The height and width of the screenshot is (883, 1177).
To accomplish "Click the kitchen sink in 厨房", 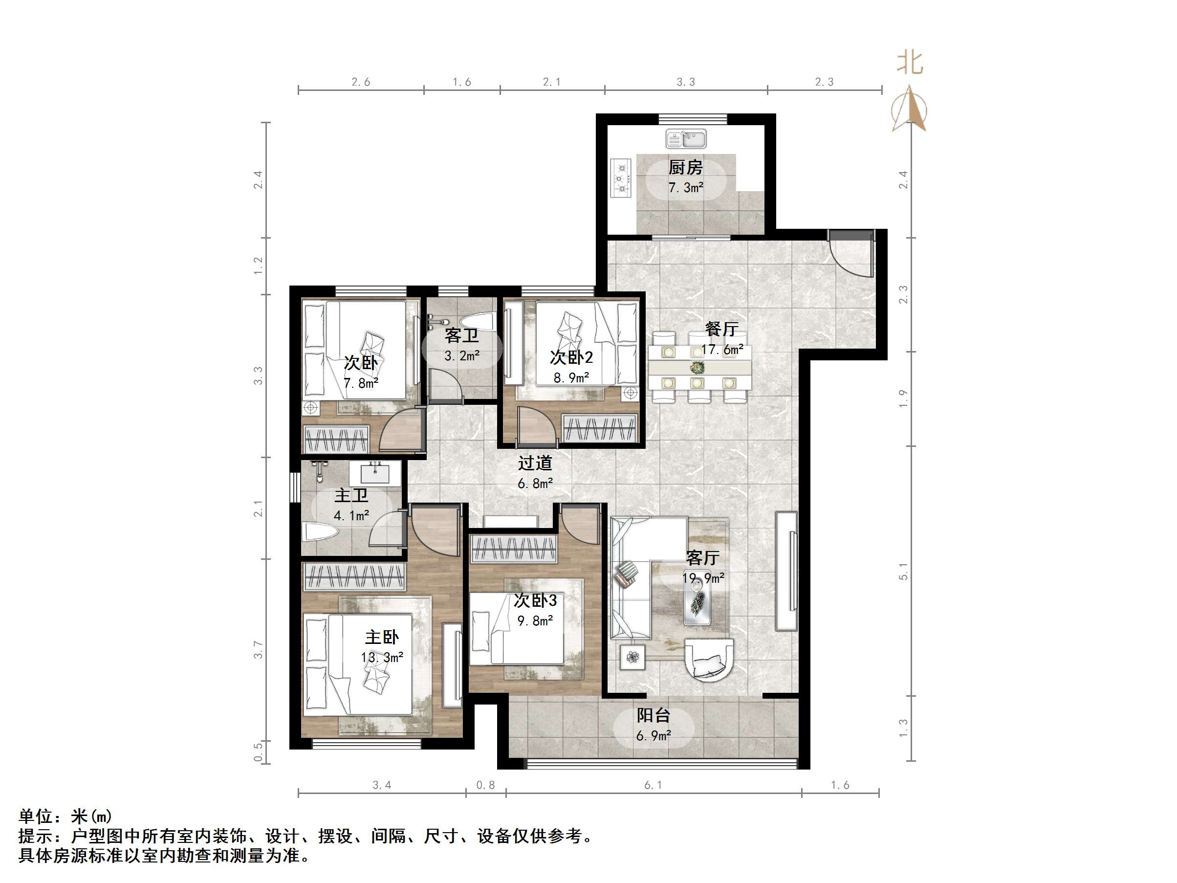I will click(x=685, y=139).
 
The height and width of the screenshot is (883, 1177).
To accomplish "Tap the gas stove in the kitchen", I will click(x=621, y=178).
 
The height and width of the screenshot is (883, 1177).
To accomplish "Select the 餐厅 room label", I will click(x=721, y=329).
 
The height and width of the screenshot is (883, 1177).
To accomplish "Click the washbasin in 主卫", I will click(x=375, y=473).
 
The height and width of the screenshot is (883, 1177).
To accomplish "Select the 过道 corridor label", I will click(x=535, y=463).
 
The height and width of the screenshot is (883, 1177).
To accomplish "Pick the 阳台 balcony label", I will click(x=653, y=715).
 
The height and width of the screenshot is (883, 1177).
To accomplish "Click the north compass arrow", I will click(x=909, y=109).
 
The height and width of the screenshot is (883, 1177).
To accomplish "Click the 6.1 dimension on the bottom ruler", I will click(x=653, y=785).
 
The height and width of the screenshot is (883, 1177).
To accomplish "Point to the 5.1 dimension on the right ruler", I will click(x=903, y=571).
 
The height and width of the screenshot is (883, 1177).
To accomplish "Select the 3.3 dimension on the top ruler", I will click(x=685, y=82).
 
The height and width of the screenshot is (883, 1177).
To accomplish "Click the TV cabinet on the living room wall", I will click(x=786, y=571).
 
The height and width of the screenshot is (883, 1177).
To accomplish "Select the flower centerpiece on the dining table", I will click(x=697, y=367).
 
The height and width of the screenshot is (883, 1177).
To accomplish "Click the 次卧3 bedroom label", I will click(x=535, y=600).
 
